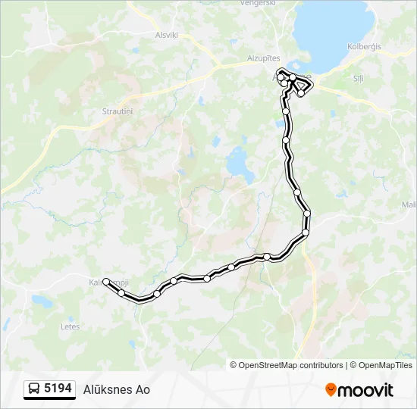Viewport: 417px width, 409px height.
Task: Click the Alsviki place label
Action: coord(166,34)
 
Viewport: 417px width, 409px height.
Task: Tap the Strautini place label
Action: coord(118,111)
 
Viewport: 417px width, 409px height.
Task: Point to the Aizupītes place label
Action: coord(263,58)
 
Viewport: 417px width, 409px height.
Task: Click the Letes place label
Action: coord(70,326)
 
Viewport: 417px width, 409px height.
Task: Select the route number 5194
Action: coord(58,389)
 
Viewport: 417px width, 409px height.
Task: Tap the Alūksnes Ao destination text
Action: coord(117,389)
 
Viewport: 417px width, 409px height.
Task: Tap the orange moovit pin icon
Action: coord(331,389)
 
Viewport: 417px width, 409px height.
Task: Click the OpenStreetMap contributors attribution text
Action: coord(291,365)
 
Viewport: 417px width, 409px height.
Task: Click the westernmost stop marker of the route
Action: coord(106,281)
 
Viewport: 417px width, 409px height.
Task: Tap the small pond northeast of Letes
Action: coord(42,301)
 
